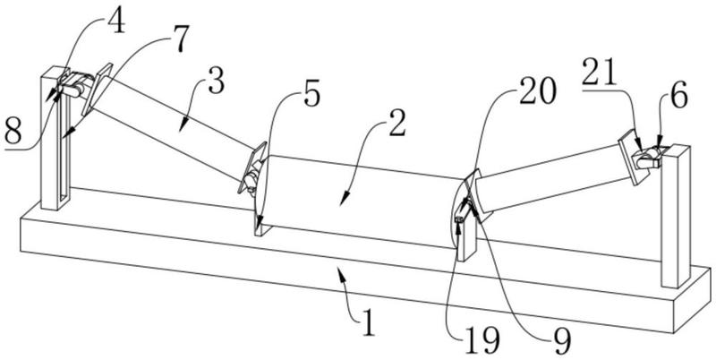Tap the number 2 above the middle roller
tap(390, 124)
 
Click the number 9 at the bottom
tap(561, 339)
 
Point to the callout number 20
tap(537, 90)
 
